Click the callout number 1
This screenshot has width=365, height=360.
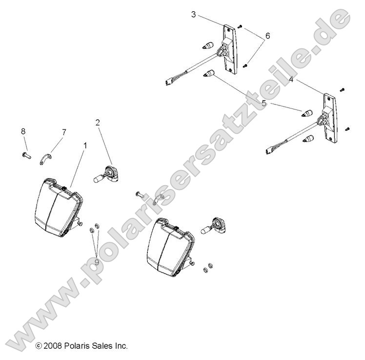coord(85,145)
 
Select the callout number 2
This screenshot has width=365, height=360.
coord(98,123)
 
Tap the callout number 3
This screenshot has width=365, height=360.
coord(193,15)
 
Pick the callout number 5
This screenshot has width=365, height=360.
coord(264,103)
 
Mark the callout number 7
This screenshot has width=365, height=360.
coord(63,132)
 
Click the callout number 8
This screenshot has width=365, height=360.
coord(22,130)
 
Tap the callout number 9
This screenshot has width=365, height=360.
coord(97,262)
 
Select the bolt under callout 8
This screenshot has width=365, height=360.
coord(26,155)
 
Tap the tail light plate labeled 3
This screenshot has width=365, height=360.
coord(231,49)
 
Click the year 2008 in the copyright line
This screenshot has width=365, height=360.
coord(54,346)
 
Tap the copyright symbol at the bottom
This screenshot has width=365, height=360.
coord(39,346)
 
